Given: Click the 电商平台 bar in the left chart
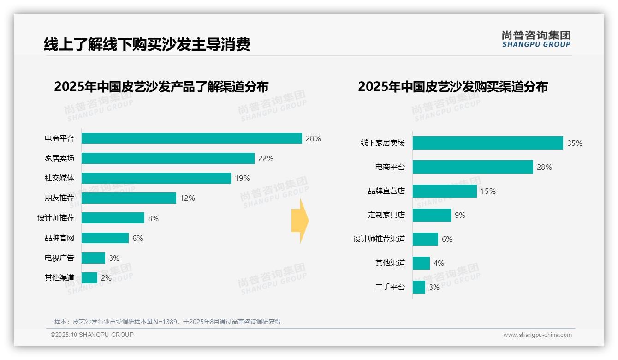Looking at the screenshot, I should click(191, 138).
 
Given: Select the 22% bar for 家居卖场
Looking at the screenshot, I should click(168, 158).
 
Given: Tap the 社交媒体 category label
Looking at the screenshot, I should click(59, 178).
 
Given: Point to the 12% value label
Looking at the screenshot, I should click(187, 198).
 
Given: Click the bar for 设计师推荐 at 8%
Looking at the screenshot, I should click(113, 218).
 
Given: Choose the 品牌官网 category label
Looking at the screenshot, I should click(59, 238).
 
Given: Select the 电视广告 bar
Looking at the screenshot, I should click(93, 258).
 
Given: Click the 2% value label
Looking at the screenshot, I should click(106, 278).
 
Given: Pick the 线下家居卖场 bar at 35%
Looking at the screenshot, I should click(487, 143).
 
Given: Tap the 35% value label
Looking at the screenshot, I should click(575, 143).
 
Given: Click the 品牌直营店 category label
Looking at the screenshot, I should click(386, 191).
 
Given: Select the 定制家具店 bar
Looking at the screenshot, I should click(432, 215).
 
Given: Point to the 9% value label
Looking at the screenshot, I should click(460, 215).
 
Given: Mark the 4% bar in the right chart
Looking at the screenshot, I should click(421, 263).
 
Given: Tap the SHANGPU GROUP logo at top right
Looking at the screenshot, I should click(536, 39).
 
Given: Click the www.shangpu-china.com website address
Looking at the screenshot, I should click(537, 335).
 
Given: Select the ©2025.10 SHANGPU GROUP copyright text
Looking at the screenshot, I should click(92, 335).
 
